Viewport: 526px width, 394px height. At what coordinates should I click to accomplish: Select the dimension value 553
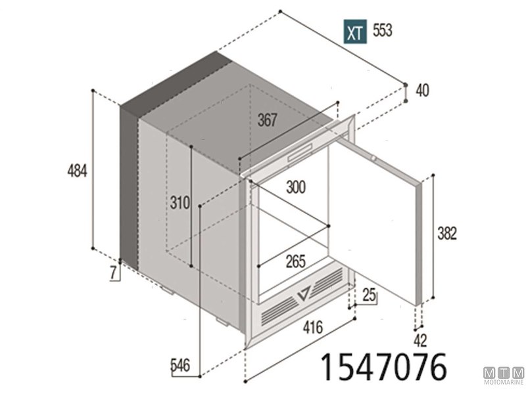pos(382,31)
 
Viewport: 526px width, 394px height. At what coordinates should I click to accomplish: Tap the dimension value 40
pos(422,91)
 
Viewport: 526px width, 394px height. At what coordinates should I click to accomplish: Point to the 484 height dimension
pos(77,171)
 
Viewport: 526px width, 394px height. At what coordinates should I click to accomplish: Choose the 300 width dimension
pos(296,188)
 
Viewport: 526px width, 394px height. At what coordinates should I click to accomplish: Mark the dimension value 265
pos(295,261)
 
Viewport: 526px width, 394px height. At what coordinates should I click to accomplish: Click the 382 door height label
pos(446,232)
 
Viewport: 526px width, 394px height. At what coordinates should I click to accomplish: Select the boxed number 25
pos(369,296)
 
